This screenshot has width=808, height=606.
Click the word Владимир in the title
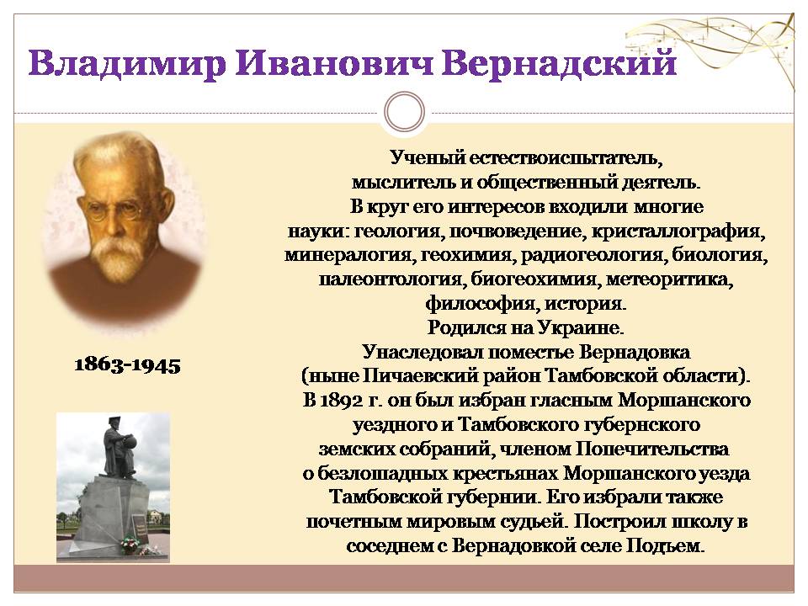[x=127, y=65]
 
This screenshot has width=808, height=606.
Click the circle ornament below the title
[x=405, y=112]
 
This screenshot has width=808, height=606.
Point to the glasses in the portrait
[x=114, y=210]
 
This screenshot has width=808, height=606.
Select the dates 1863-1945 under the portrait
[x=127, y=364]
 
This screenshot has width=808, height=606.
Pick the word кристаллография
[x=678, y=231]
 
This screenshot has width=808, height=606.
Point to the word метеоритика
[x=669, y=279]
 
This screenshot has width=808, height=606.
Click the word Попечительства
[x=651, y=449]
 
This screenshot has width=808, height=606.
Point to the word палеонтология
[x=391, y=279]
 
